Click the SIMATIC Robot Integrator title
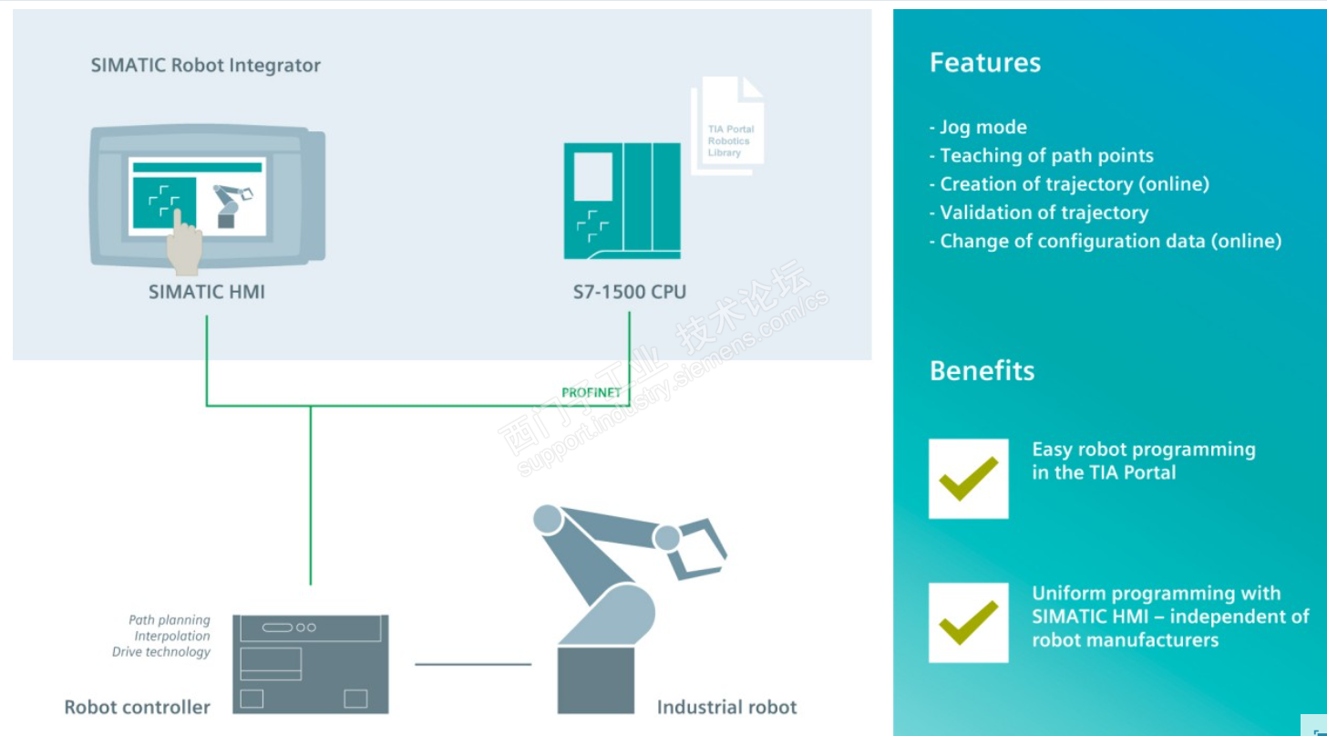[206, 66]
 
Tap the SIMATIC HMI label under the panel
[207, 293]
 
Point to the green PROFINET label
[591, 393]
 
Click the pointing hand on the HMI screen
[185, 242]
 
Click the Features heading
[985, 63]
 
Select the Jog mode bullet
[978, 128]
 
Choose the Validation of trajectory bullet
[1039, 213]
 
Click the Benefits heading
[982, 370]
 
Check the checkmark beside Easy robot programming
[968, 479]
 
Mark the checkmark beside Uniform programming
[968, 622]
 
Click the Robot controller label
[138, 707]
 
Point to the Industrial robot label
[726, 707]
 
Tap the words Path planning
[170, 620]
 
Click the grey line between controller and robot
[472, 664]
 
